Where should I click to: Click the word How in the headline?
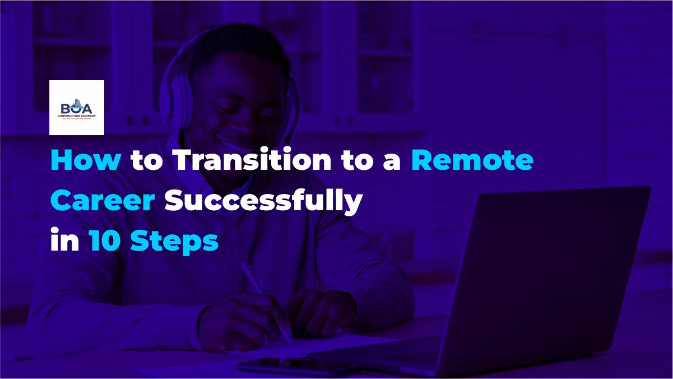point(85,161)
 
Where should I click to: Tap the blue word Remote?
point(472,161)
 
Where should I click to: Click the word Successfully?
point(263,203)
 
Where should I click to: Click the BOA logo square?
point(77,108)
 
